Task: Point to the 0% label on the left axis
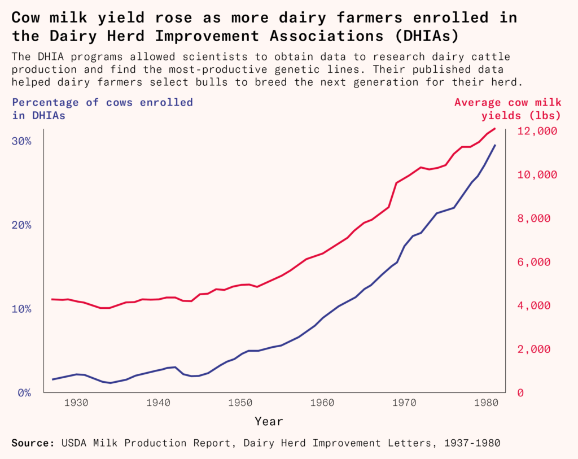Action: click(x=23, y=392)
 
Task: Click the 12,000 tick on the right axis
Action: click(x=537, y=131)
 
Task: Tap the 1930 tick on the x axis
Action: click(x=76, y=403)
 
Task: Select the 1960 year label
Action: click(x=323, y=403)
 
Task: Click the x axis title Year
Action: click(x=269, y=421)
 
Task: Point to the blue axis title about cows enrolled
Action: click(x=102, y=109)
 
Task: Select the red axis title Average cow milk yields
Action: click(x=507, y=109)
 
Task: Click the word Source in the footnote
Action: click(x=32, y=443)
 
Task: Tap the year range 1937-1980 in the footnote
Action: click(x=472, y=443)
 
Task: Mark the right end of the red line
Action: click(x=495, y=129)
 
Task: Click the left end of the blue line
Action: click(x=52, y=379)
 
